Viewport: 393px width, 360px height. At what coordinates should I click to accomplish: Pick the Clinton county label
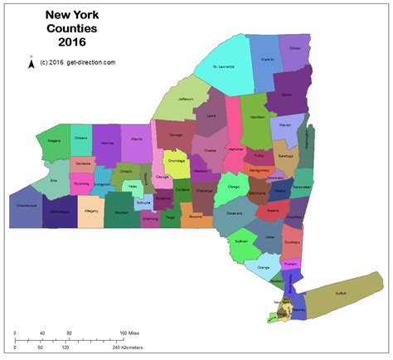click(294, 48)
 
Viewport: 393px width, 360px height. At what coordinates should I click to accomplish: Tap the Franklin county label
click(267, 60)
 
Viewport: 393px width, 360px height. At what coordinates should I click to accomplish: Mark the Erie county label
click(54, 179)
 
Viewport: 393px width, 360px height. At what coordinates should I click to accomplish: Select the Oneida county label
click(211, 150)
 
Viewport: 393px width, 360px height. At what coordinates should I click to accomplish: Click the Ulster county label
click(269, 237)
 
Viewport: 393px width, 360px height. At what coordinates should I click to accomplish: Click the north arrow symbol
click(31, 63)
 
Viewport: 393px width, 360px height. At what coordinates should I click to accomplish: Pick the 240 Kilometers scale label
click(129, 348)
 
